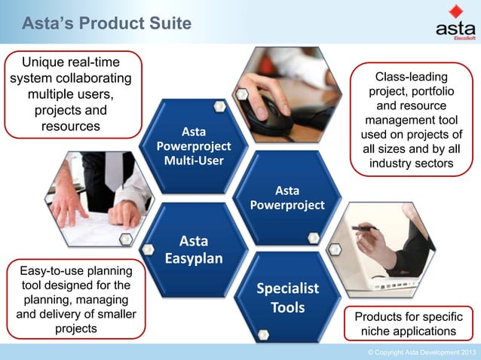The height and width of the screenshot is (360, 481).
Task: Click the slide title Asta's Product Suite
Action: coord(106,24)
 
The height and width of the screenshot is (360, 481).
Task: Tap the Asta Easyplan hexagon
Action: coord(194,249)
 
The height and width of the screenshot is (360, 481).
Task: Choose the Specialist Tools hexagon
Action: coord(287,297)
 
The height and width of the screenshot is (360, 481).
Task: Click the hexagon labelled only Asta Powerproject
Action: coord(290,197)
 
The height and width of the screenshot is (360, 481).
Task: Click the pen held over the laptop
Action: coord(366,227)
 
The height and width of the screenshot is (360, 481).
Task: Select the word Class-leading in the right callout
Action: coord(411,77)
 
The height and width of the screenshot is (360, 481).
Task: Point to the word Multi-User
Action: coord(193,161)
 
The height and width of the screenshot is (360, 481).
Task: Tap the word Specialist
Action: coord(287,288)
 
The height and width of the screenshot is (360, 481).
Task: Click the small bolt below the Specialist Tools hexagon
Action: coord(263,334)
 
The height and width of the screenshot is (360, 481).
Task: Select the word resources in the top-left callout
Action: coord(70,126)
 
